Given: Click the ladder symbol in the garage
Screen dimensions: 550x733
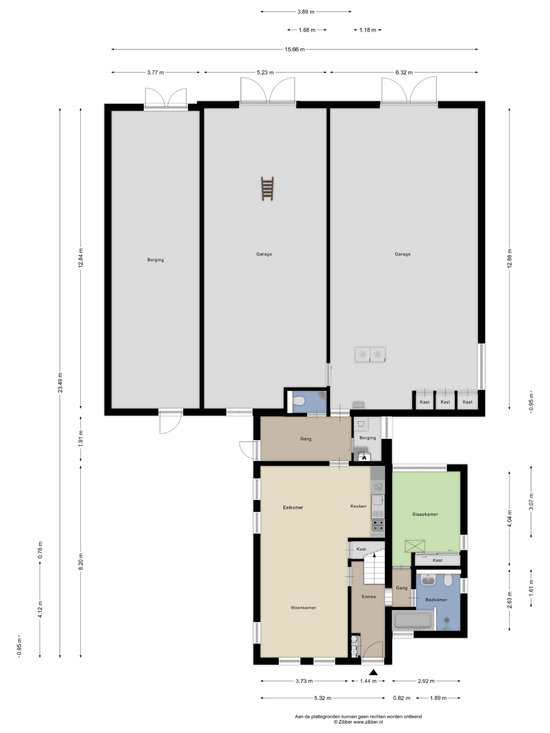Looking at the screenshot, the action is (267, 189).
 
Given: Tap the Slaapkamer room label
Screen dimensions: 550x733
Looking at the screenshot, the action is (425, 514).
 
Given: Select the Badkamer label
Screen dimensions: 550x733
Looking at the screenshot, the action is (436, 600).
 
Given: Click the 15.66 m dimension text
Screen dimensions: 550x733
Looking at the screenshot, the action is (294, 49).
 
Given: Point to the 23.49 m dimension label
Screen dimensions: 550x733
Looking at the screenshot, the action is (60, 383).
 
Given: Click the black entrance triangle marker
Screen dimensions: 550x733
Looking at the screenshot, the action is (374, 672).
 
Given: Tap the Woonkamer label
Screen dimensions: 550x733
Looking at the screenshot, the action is (303, 607).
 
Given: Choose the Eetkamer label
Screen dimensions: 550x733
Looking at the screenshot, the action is (293, 507).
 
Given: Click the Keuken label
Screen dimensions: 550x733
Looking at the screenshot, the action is (358, 506).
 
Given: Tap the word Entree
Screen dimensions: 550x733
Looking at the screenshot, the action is (369, 596).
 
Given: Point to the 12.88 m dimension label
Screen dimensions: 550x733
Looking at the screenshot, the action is (510, 258).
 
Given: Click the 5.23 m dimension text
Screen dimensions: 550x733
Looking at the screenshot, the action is (265, 72).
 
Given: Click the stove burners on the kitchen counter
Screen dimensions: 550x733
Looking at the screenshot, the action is (378, 525).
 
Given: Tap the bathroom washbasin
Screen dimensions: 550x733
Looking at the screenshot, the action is (429, 580).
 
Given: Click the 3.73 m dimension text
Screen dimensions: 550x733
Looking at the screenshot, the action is (304, 681).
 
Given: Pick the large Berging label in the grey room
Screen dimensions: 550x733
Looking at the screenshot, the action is (156, 260).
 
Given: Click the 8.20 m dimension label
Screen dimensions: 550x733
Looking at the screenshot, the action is (80, 561).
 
